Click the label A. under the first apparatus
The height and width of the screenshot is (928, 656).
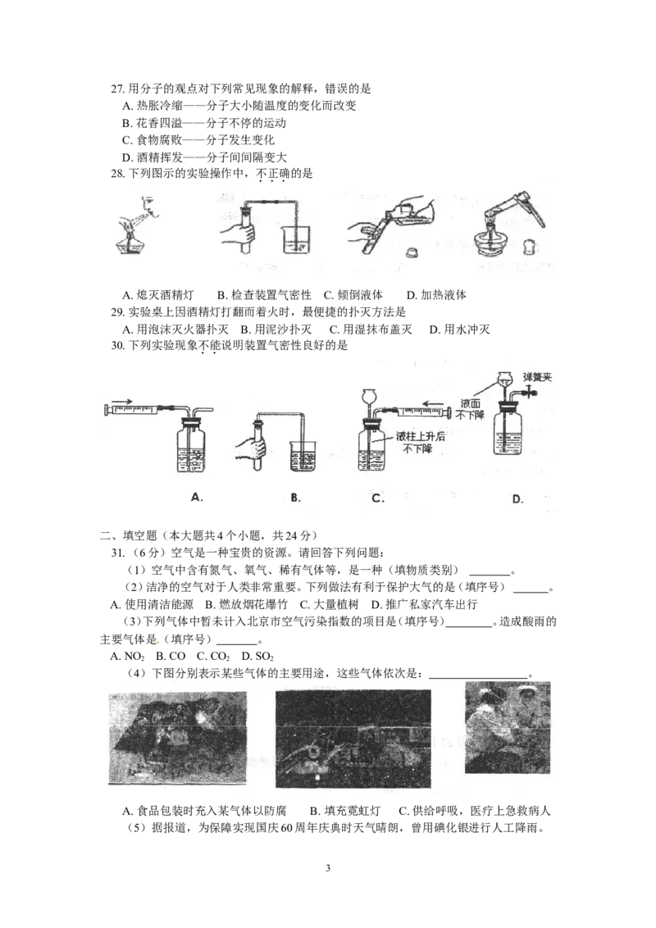click(x=196, y=497)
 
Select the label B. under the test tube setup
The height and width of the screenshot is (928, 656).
click(x=296, y=497)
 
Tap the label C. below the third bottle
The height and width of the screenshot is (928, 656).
click(x=378, y=497)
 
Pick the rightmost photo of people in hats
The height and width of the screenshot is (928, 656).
click(x=507, y=727)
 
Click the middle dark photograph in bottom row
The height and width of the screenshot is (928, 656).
click(x=353, y=738)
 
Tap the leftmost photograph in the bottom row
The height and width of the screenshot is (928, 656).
click(x=177, y=737)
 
